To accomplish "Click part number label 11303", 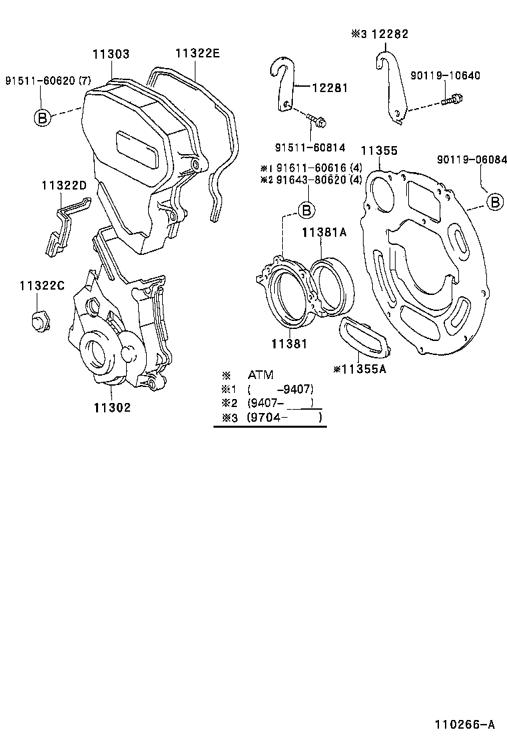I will [x=111, y=55].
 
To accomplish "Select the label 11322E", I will [x=197, y=54].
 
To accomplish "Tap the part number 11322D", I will [x=63, y=185].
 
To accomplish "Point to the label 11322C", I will [x=41, y=286].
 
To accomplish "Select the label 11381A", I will [x=324, y=232].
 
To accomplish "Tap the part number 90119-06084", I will [x=472, y=159].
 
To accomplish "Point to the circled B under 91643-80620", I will [x=306, y=210].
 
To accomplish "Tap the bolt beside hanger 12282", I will [x=452, y=101].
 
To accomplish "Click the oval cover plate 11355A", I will [x=363, y=338].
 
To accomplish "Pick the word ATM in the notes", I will [x=261, y=375].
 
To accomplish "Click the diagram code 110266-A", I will [x=465, y=724].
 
